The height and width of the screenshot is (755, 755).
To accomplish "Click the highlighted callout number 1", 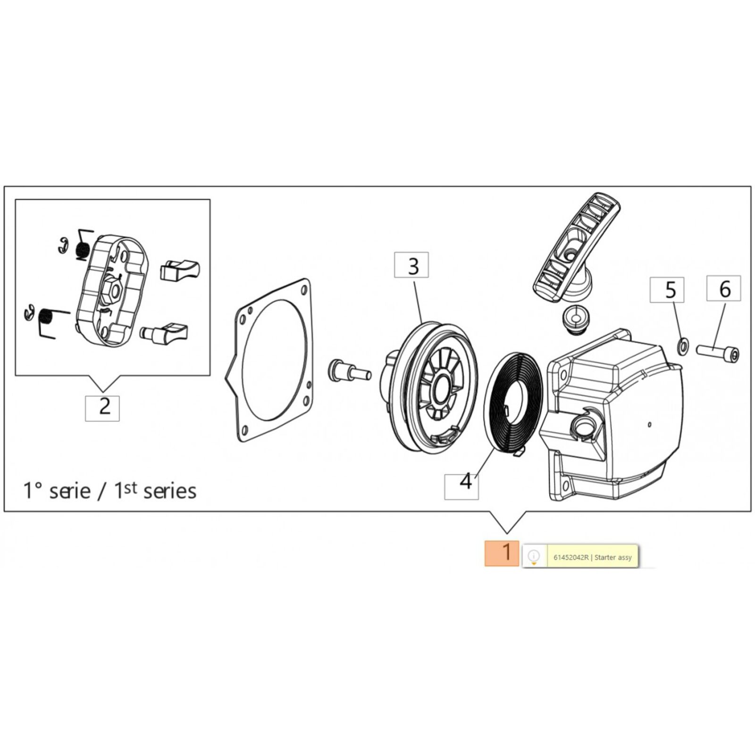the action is [x=502, y=553].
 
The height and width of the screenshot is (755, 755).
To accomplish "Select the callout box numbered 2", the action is [x=102, y=408].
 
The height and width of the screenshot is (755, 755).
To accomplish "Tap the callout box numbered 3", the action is [x=411, y=265].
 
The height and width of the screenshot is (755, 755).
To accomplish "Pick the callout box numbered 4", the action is [x=461, y=487].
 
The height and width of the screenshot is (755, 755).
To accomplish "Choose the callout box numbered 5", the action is [x=667, y=290].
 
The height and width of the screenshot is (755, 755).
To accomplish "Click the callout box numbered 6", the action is [x=723, y=288].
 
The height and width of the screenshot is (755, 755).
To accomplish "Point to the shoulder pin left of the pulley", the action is [x=349, y=369].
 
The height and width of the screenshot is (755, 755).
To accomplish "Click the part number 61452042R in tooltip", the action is [x=571, y=557].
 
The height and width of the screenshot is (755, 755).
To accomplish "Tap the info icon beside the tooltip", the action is [x=534, y=555].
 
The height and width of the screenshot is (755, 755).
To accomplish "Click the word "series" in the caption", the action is [x=169, y=491].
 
